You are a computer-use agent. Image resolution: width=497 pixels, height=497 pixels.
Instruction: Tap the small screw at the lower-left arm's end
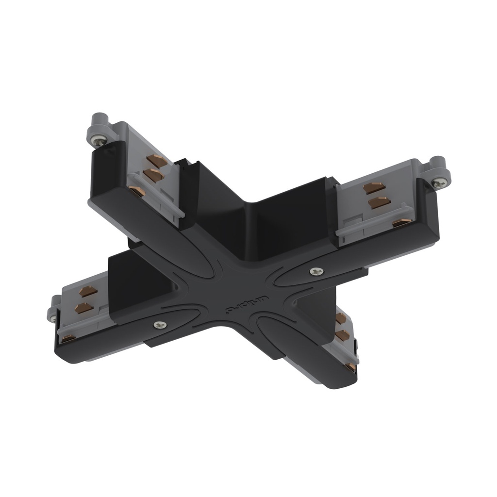(x=52, y=318)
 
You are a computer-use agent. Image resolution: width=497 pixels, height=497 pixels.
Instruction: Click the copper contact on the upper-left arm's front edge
(x=137, y=191)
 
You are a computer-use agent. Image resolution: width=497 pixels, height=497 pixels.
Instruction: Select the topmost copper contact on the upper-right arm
(x=374, y=187)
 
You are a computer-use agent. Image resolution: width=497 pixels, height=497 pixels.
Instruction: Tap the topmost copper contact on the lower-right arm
(x=341, y=318)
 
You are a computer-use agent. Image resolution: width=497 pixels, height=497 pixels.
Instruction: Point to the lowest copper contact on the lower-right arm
(x=350, y=367)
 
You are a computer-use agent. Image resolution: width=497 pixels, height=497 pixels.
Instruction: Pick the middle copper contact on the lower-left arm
(x=83, y=308)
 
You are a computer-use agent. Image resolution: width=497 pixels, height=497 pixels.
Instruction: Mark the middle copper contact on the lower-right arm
(x=344, y=335)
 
